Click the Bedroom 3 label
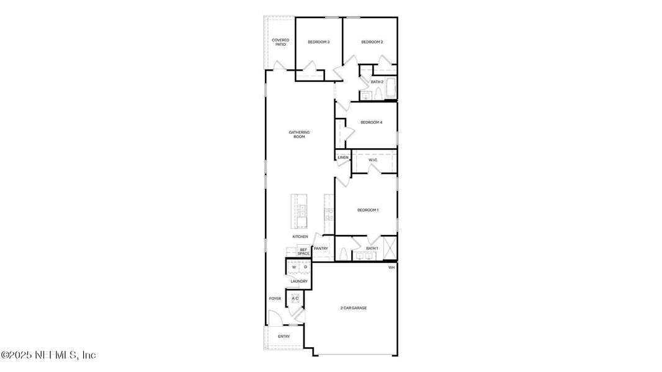pos(318,42)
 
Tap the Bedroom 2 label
pos(372,42)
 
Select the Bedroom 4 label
pos(371,122)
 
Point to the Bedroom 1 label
pos(367,210)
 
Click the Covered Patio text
pos(280,42)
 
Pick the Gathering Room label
pos(299,134)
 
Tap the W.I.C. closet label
pos(373,160)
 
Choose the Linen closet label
pos(343,157)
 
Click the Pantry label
pos(321,249)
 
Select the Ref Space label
pos(303,251)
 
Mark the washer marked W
pos(294,267)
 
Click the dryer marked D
pos(305,267)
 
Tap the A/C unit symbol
pos(295,299)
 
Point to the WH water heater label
pos(391,267)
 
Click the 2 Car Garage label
pos(353,308)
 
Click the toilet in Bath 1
pos(343,254)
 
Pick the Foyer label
pos(275,299)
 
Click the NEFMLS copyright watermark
pos(48,355)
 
